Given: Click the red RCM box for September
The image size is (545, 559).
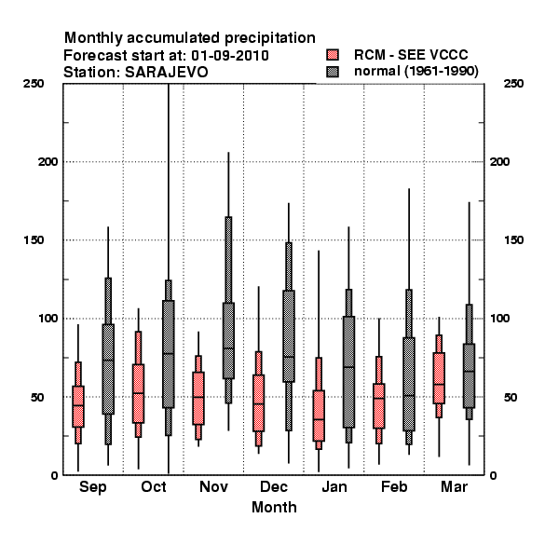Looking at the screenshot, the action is pyautogui.click(x=78, y=406).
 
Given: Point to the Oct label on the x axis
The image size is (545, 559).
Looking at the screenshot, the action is pyautogui.click(x=154, y=486).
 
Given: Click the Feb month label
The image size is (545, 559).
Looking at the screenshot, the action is pyautogui.click(x=394, y=486).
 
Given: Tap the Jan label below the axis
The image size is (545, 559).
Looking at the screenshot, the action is pyautogui.click(x=334, y=486).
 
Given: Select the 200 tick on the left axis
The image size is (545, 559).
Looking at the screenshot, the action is pyautogui.click(x=48, y=162).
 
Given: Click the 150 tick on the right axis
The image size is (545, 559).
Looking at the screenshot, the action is pyautogui.click(x=513, y=240).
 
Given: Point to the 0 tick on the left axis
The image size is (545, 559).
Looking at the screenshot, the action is pyautogui.click(x=54, y=475).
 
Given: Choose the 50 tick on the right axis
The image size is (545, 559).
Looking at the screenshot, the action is pyautogui.click(x=511, y=397).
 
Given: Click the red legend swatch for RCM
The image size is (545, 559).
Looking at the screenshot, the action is pyautogui.click(x=333, y=55).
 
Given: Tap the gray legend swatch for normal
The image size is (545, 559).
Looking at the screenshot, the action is pyautogui.click(x=333, y=72).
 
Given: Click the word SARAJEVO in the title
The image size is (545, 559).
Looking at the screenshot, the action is pyautogui.click(x=166, y=73).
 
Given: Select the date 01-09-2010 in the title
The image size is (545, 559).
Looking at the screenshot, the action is pyautogui.click(x=230, y=56).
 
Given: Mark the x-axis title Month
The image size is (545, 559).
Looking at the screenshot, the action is pyautogui.click(x=274, y=508).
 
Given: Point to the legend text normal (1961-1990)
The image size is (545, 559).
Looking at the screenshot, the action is pyautogui.click(x=416, y=72).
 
